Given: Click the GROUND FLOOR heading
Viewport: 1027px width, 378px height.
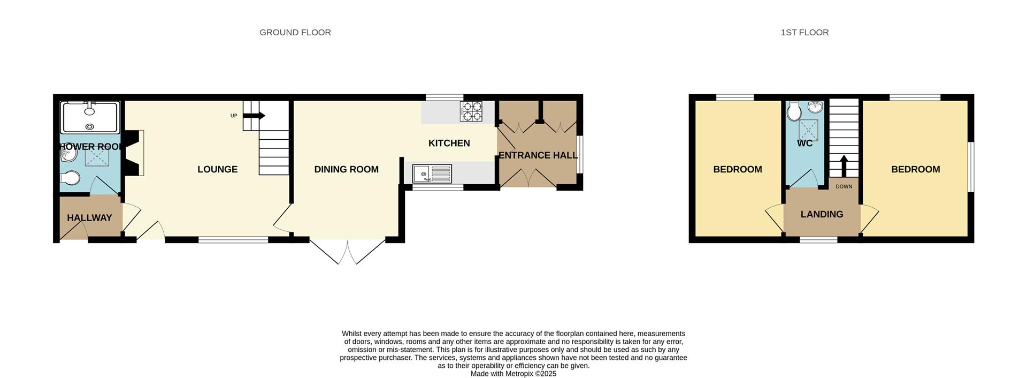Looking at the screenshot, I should coord(295,32).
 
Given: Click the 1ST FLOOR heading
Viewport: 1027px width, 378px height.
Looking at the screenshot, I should coord(804,32).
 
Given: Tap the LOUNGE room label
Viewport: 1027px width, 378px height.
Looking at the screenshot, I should coord(217,169).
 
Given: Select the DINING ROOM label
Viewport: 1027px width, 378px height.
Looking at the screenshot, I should coord(346,169).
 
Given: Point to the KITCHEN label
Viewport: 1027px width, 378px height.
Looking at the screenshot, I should coord(449,143).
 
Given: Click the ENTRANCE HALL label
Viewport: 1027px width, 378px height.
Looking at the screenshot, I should coord(538,155).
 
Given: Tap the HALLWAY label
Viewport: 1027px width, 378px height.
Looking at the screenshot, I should coord(89,218).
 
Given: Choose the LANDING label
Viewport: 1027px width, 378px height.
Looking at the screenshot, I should coord(822,214).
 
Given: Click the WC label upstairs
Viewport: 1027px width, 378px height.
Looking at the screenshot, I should coord(804,143).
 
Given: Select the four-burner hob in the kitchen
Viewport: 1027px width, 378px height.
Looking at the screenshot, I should coord(471,111).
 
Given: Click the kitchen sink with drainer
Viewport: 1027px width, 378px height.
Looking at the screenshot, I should coord(432,174).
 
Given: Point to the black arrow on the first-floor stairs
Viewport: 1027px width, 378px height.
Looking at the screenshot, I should coord(844,165).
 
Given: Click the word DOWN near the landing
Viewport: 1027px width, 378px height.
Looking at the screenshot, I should coord(844,187).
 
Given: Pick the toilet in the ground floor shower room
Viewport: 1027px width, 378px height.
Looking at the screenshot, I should coord(70,178).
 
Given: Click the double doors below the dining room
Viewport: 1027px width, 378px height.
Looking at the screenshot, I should coord(347,252).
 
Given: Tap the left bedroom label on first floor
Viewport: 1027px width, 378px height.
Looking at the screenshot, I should coord(737,169).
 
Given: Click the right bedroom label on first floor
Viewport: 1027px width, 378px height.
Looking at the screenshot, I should coord(915,169).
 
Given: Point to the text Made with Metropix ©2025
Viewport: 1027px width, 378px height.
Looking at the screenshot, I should coord(513,374).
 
